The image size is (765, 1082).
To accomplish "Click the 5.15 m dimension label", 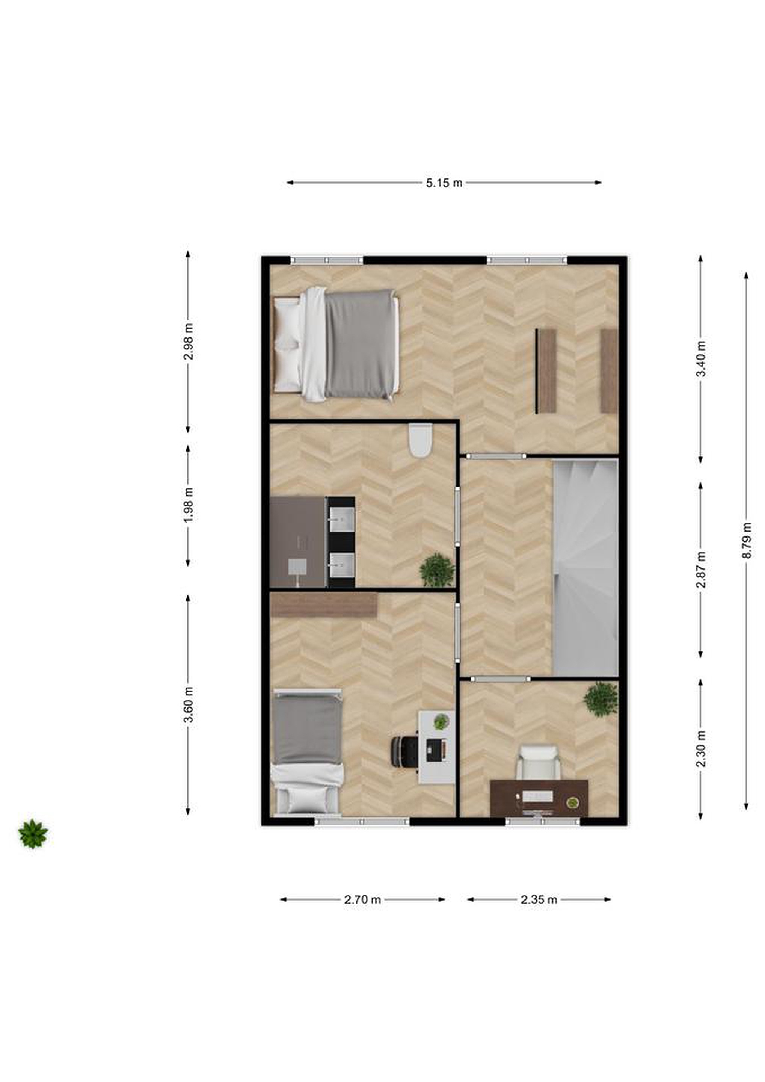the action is coord(444,183).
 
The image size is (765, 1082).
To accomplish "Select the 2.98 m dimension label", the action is coord(188,342).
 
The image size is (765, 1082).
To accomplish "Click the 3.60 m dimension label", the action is coord(188,705).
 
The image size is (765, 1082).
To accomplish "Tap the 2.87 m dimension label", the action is coord(701,569).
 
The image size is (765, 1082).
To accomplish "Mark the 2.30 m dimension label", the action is coord(701,749).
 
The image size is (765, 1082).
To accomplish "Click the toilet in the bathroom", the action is coord(420,440).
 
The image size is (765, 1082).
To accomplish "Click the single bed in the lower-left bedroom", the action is coord(308,752).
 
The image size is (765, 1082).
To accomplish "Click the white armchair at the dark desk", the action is coord(539,762).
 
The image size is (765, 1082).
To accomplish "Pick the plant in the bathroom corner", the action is coord(437,571).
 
